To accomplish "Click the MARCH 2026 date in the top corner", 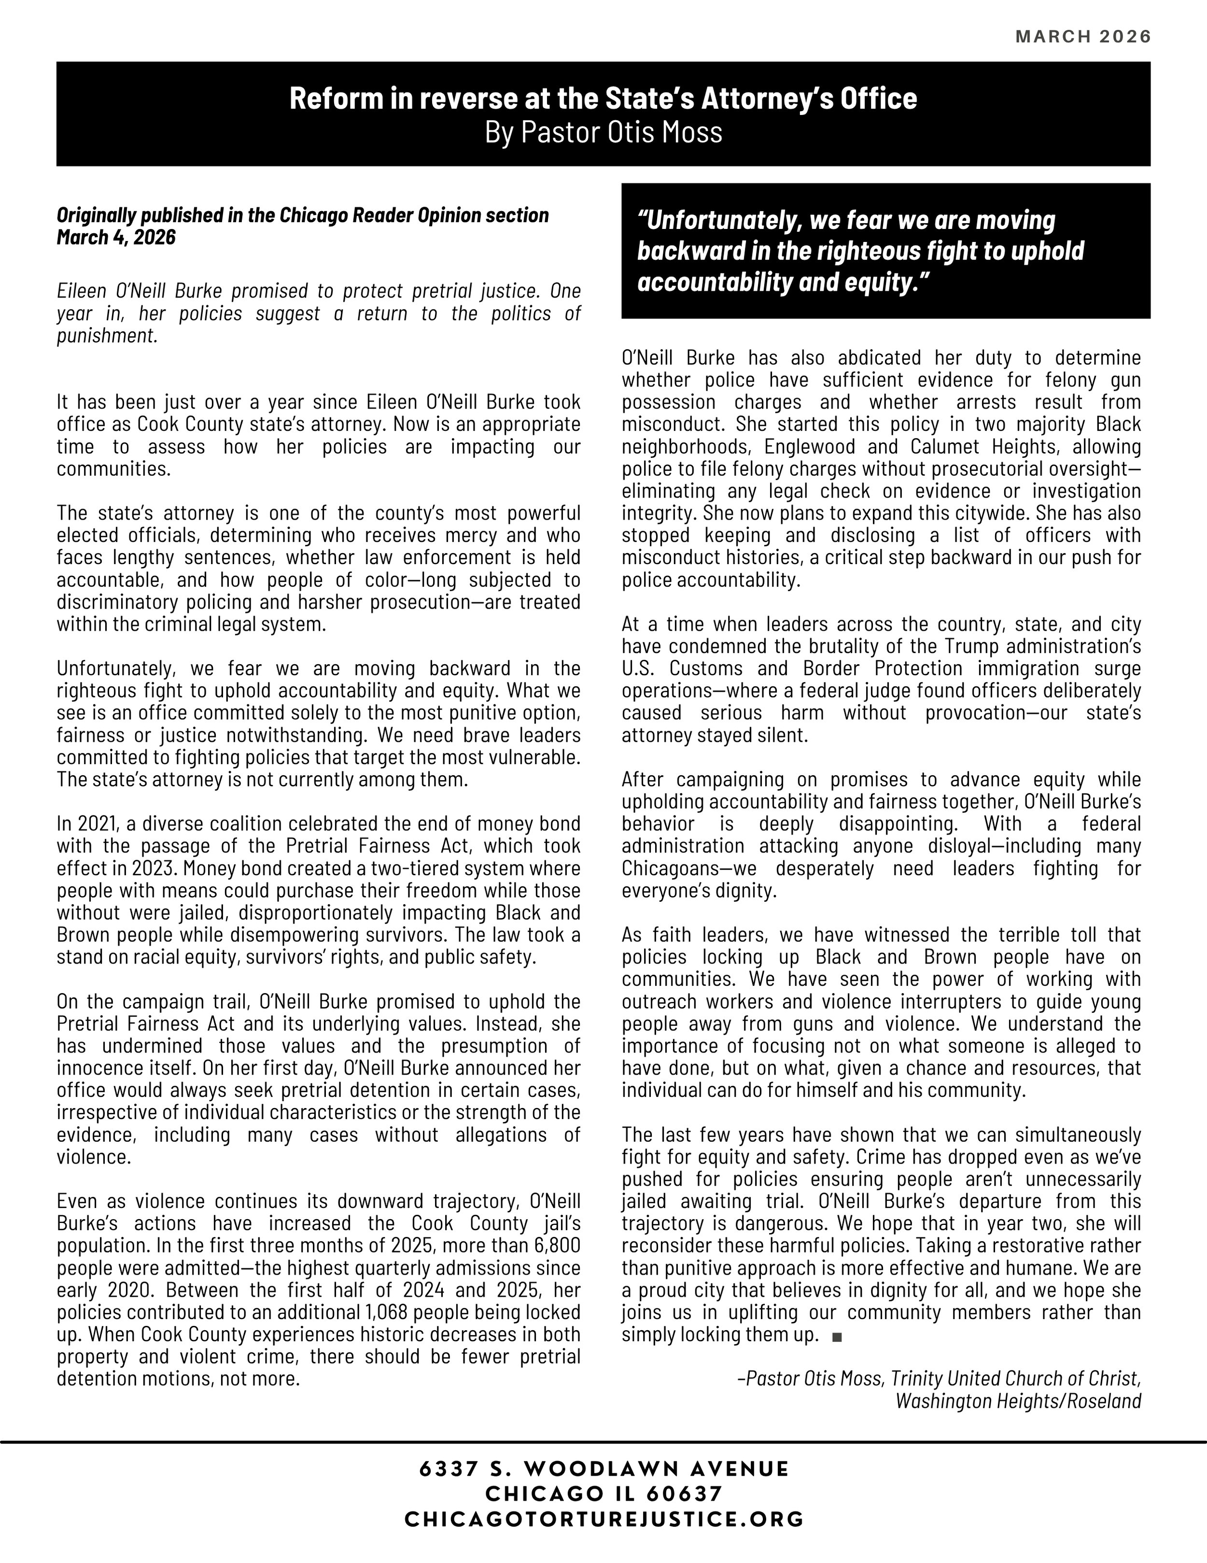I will [x=1083, y=37].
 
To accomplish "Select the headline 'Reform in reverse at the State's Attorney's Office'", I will [x=603, y=99].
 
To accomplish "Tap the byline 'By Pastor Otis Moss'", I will [x=603, y=132].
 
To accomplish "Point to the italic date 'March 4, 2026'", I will [x=116, y=237].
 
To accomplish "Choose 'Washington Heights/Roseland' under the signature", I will [x=1018, y=1401].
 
